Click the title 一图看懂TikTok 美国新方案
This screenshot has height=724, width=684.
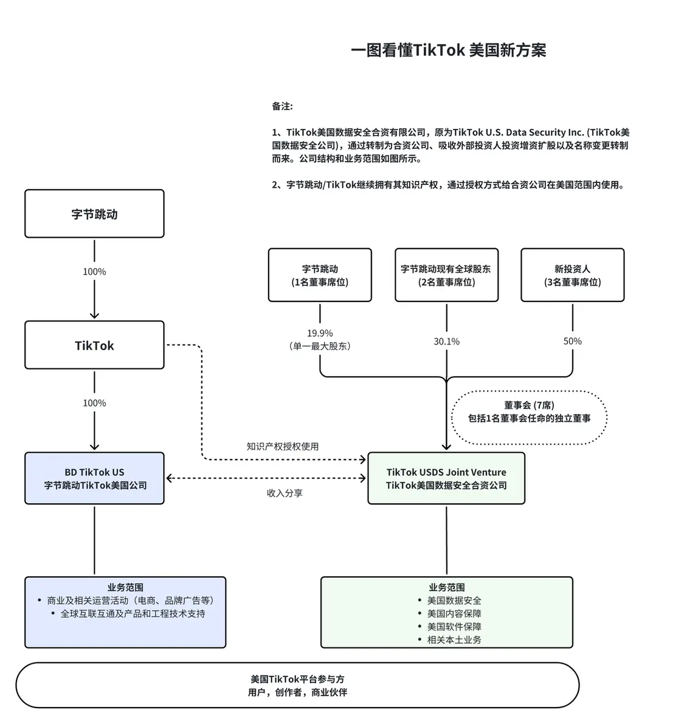coord(448,50)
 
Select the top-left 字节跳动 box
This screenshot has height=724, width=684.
coord(94,214)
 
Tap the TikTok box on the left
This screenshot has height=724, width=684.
coord(94,345)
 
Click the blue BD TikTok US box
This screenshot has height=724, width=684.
coord(94,478)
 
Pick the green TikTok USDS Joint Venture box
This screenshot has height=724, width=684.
coord(446,478)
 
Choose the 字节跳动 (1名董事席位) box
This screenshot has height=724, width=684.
coord(320,275)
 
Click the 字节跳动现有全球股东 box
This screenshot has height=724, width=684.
coord(446,275)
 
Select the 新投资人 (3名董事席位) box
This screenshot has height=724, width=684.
coord(572,275)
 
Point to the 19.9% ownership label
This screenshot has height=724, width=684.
coord(320,333)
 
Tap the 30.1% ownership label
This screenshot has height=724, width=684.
coord(446,342)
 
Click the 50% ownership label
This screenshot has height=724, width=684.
coord(572,342)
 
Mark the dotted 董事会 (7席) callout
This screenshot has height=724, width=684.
coord(529,412)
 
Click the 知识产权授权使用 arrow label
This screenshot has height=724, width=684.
coord(282,446)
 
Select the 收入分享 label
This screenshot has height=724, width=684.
coord(285,493)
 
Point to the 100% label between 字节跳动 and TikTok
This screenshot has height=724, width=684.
coord(94,272)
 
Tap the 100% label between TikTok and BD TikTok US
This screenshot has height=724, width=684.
coord(94,403)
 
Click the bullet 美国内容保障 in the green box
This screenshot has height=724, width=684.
coord(454,613)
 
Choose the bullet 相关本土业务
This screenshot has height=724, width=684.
coord(454,640)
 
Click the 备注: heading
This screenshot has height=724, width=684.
coord(282,106)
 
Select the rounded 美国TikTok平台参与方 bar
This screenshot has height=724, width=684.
coord(297,685)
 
